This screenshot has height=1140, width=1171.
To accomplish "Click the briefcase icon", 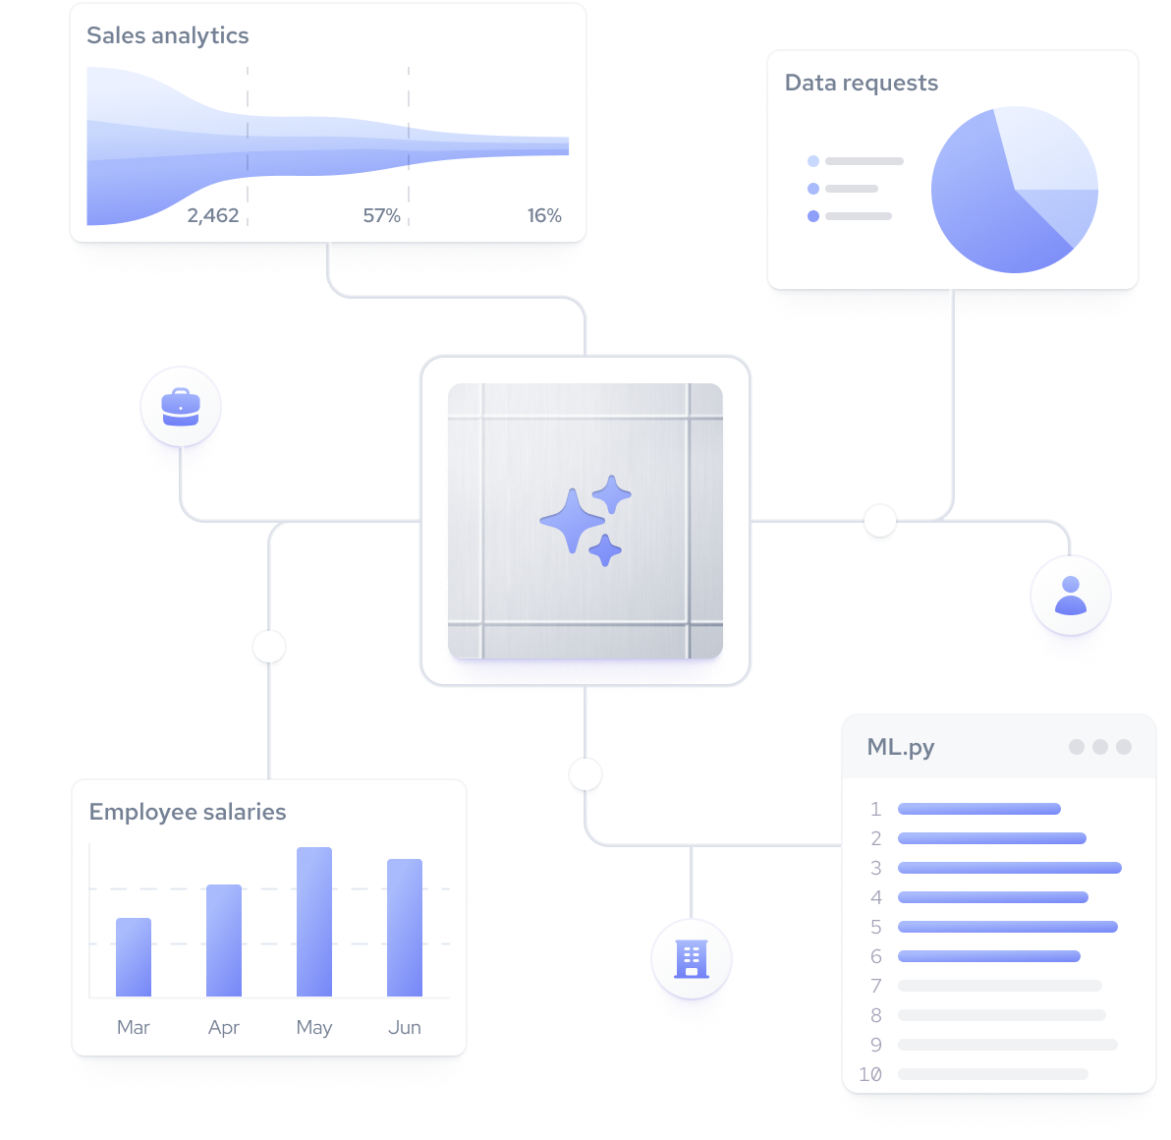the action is point(181,407).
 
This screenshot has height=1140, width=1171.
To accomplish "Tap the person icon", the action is point(1070,596).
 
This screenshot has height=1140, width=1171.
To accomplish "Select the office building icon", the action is point(692,959).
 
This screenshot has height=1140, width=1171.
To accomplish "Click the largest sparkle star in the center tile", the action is point(572,521).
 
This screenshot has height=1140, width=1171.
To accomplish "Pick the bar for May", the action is point(314,922).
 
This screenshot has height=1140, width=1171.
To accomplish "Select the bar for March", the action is point(134,957).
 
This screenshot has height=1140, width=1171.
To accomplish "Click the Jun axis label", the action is point(405,1028).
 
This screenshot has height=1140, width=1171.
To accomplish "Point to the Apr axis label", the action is point(224,1028).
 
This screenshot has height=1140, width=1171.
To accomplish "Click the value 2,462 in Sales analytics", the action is point(213,216).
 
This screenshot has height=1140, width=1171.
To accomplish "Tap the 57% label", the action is point(381,216).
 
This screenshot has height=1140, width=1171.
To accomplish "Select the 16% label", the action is point(544,216).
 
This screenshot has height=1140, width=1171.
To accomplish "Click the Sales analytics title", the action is point(168,35).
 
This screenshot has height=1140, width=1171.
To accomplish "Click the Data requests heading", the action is point(862,83).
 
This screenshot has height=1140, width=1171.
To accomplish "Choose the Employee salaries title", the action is point(188,812).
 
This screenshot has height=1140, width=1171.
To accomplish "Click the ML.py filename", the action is point(901,748).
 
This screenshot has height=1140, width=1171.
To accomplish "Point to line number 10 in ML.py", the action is point(870,1074).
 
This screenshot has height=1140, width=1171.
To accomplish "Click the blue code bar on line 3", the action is point(1010,868).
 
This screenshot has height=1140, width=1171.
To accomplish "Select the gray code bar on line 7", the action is point(1000,986).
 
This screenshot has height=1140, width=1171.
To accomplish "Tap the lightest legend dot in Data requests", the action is point(813,161).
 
